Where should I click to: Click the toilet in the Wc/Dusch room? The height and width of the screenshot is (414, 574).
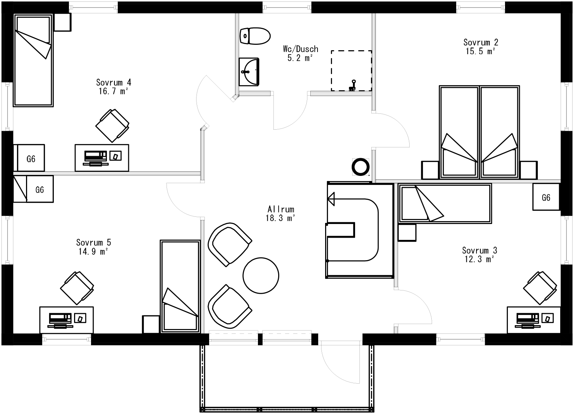[255, 36]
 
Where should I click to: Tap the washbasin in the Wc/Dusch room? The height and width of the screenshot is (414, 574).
[249, 72]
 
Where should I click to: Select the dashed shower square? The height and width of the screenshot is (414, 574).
[351, 71]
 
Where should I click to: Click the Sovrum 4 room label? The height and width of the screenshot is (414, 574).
[113, 82]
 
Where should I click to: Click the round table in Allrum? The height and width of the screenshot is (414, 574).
[261, 275]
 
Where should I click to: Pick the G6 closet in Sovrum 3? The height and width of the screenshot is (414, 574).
[546, 197]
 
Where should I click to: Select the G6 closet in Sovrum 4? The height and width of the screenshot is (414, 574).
[31, 158]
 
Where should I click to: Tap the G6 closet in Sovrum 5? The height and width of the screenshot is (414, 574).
[40, 189]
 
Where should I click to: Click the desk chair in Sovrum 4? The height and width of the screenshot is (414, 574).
[112, 125]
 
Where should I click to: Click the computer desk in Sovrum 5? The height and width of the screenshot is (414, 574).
[66, 320]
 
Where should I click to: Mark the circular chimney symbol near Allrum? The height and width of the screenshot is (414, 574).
[361, 167]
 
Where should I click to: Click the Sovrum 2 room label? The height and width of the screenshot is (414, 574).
[479, 42]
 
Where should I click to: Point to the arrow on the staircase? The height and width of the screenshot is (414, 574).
[331, 198]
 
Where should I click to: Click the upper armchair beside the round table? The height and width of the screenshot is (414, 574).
[229, 244]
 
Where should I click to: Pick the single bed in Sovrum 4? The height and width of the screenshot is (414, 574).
[33, 60]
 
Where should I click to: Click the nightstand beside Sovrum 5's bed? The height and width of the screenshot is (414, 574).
[151, 324]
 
